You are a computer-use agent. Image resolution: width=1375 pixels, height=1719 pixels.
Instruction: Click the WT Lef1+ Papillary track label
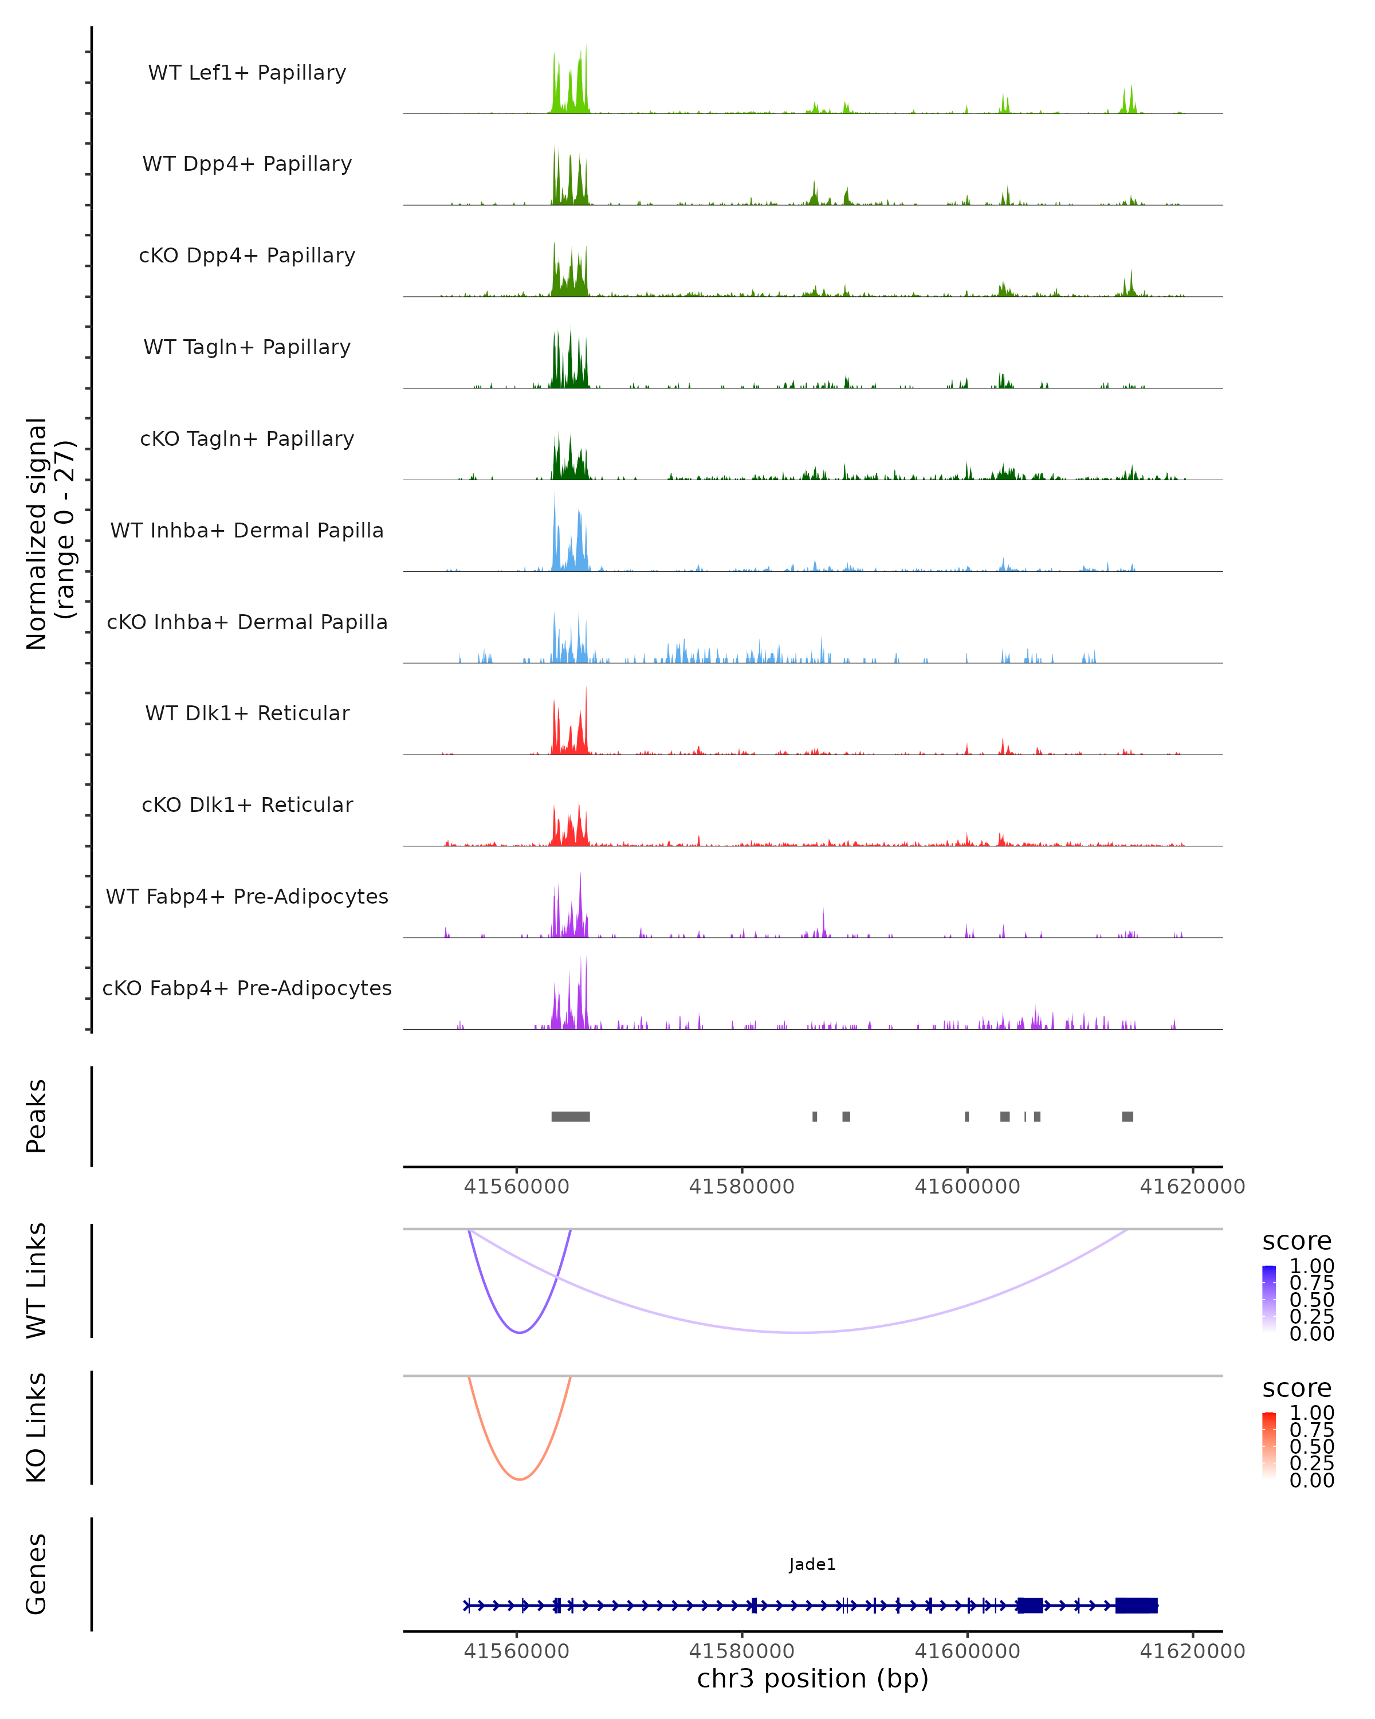point(247,73)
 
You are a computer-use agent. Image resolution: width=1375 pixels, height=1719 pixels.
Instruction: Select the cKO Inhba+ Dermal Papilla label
point(247,622)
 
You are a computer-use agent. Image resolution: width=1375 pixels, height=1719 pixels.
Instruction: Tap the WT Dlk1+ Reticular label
point(247,713)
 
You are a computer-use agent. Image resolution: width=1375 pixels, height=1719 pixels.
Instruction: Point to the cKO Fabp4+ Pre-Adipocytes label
point(247,988)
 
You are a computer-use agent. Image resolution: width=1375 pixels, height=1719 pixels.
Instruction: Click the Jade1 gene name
point(812,1564)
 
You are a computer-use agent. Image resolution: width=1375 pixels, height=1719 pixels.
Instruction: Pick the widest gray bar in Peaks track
point(571,1116)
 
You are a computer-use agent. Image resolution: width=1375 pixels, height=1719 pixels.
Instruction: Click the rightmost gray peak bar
point(1127,1116)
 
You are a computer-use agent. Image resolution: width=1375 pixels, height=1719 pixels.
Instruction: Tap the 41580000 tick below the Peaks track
point(741,1187)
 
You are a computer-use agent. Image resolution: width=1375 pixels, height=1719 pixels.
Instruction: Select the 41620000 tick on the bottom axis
point(1192,1650)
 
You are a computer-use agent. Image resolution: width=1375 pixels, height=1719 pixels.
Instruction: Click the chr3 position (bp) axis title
point(812,1678)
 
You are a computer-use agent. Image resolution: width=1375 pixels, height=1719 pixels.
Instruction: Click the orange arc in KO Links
point(520,1479)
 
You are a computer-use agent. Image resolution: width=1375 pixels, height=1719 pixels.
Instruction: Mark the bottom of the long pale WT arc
point(801,1332)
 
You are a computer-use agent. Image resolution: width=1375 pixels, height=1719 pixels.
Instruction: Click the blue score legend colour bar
point(1269,1298)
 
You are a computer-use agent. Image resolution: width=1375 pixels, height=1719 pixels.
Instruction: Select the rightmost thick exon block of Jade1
point(1136,1605)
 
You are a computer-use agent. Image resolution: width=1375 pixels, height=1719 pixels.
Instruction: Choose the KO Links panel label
point(37,1427)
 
